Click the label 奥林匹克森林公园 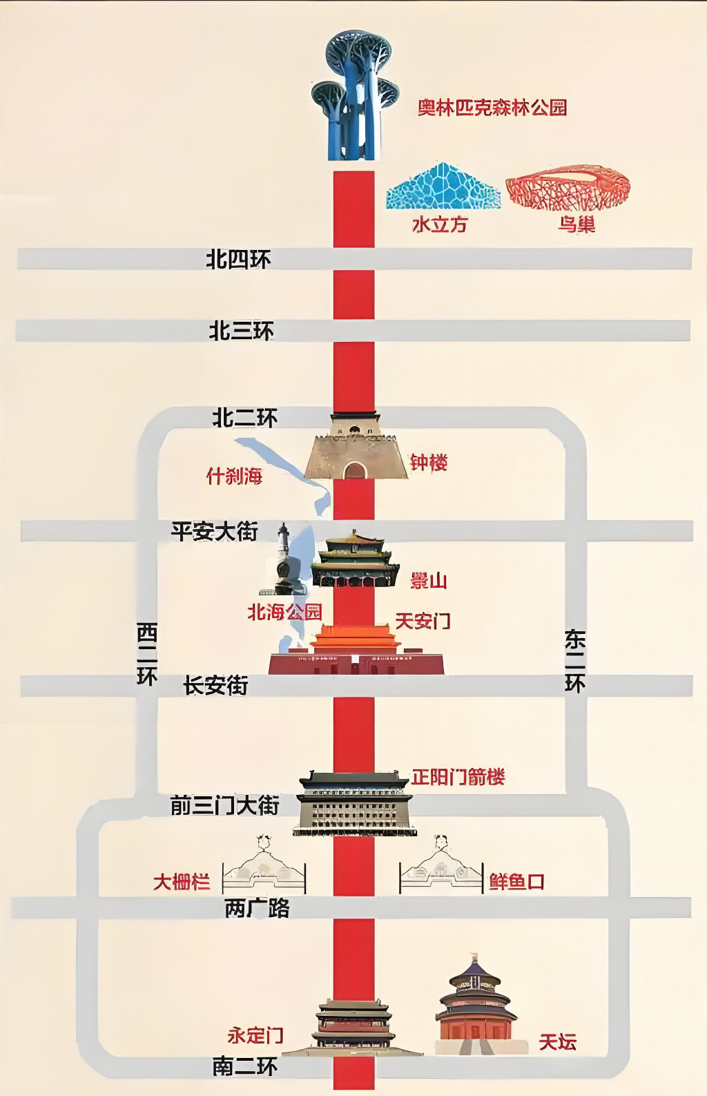pyautogui.click(x=492, y=108)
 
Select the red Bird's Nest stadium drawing pyautogui.click(x=568, y=187)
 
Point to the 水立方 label pyautogui.click(x=440, y=224)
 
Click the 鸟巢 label pyautogui.click(x=577, y=224)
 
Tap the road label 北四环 pyautogui.click(x=238, y=259)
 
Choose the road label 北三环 pyautogui.click(x=241, y=331)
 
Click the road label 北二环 pyautogui.click(x=244, y=419)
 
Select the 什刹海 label pyautogui.click(x=234, y=476)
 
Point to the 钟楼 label pyautogui.click(x=429, y=463)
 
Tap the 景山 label pyautogui.click(x=429, y=581)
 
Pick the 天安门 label pyautogui.click(x=423, y=621)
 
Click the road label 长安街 pyautogui.click(x=216, y=686)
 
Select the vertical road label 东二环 pyautogui.click(x=575, y=661)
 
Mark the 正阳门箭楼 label pyautogui.click(x=458, y=776)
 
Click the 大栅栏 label pyautogui.click(x=182, y=882)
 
